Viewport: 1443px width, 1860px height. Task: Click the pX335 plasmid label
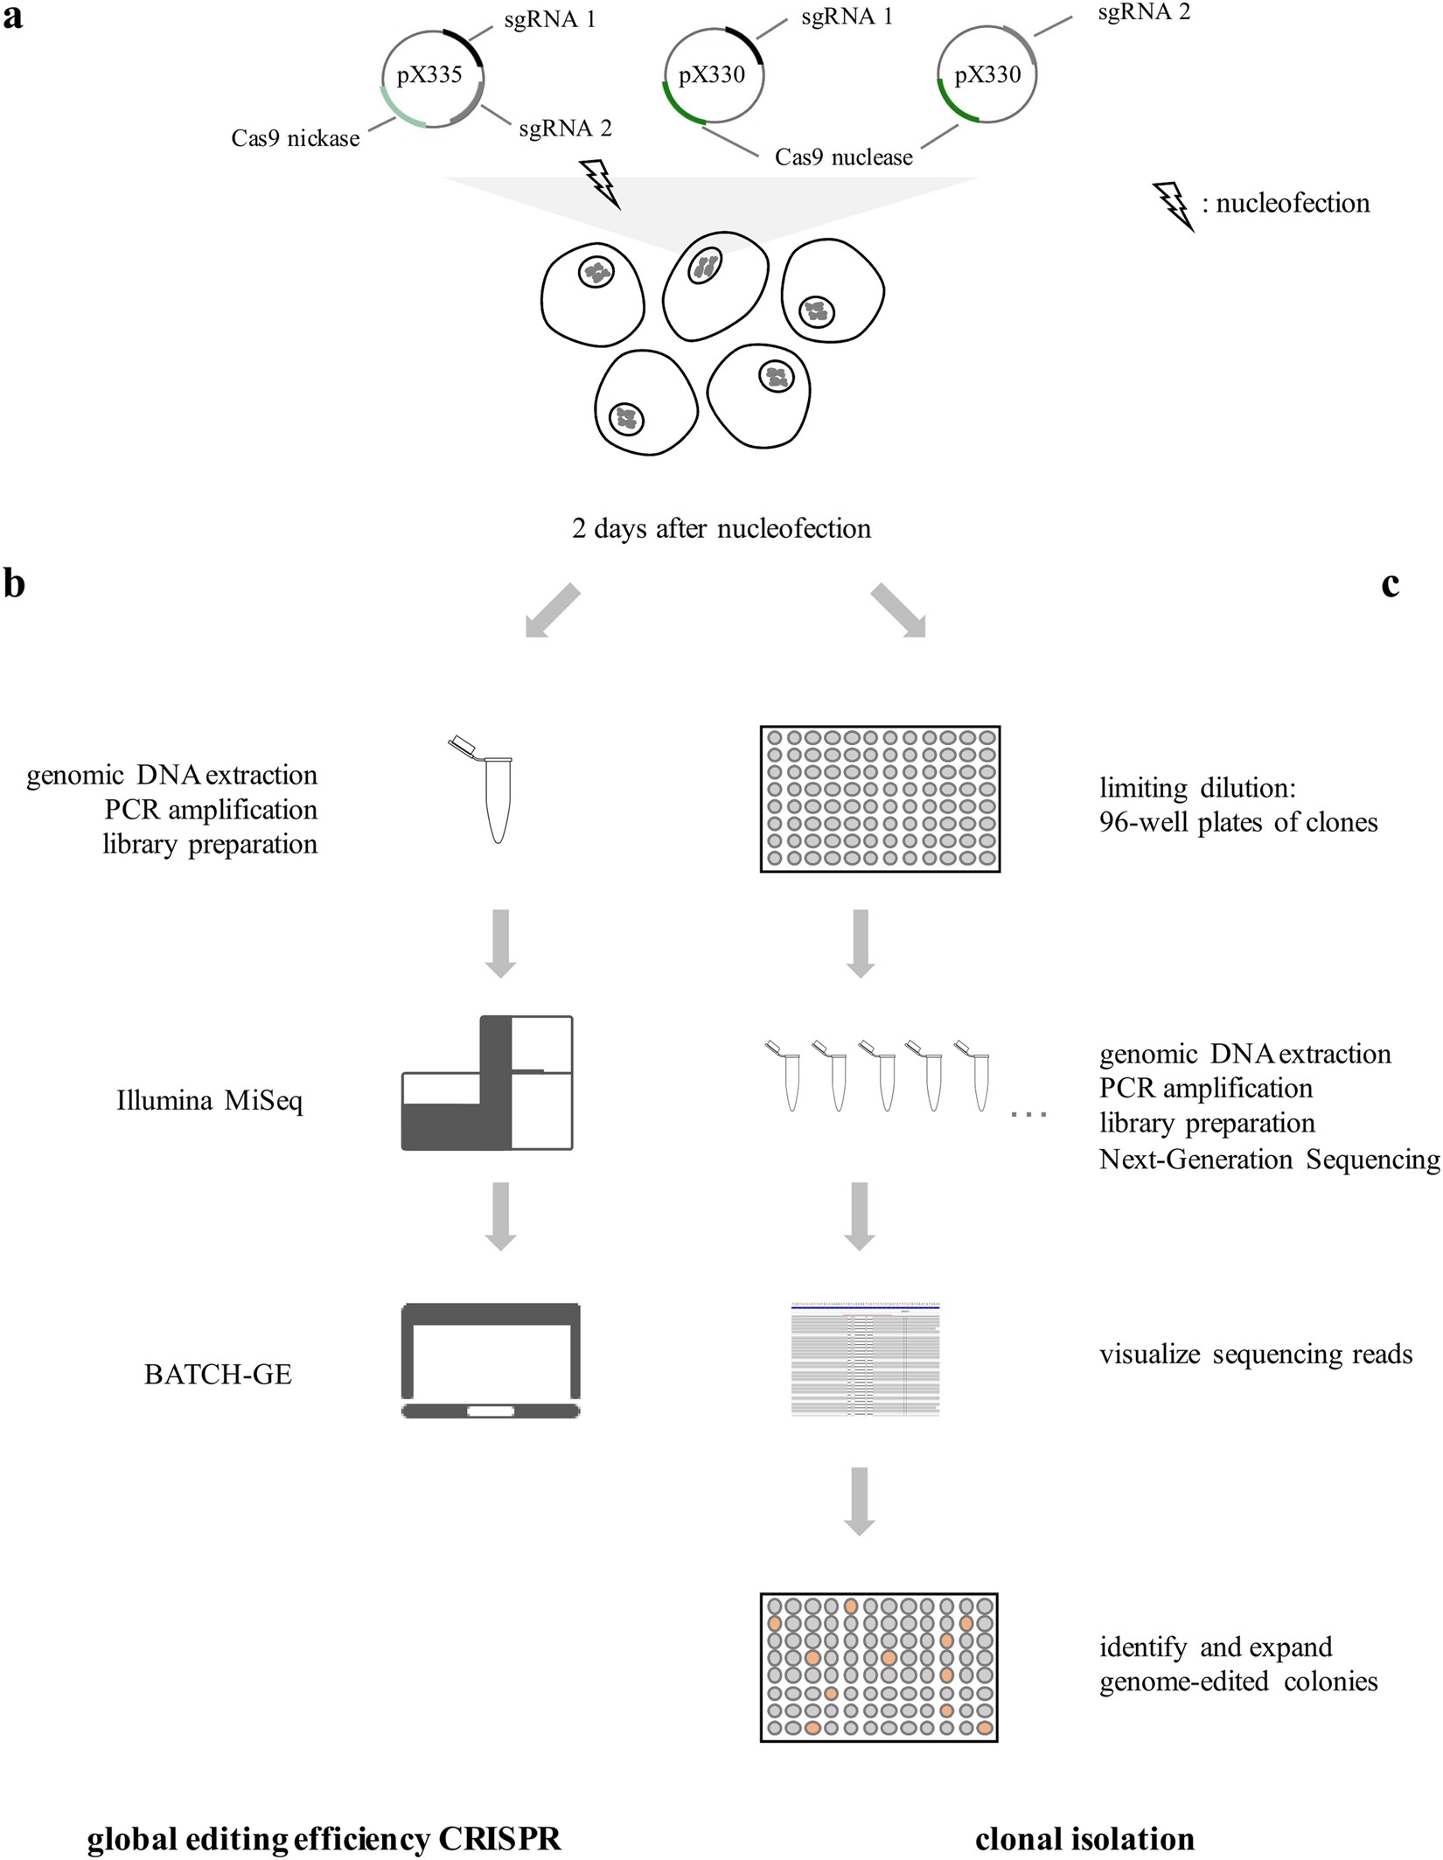tap(429, 75)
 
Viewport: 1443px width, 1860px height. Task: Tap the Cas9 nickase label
tap(295, 138)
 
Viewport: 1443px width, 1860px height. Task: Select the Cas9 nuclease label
tap(843, 157)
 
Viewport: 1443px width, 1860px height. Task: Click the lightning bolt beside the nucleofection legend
tap(1174, 206)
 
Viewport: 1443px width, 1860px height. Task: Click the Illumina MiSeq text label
tap(210, 1100)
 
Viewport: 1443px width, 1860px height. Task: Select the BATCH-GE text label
tap(218, 1374)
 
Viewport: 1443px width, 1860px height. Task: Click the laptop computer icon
tap(491, 1360)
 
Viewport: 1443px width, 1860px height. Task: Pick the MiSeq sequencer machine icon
tap(487, 1083)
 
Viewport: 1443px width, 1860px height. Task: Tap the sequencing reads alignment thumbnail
tap(865, 1359)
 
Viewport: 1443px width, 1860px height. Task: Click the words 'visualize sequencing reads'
tap(1255, 1355)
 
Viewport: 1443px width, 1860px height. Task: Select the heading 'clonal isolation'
tap(1084, 1838)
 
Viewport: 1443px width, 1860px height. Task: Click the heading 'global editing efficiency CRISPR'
tap(324, 1838)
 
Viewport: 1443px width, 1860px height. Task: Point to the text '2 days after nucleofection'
tap(721, 528)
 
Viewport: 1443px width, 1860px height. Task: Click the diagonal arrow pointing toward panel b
tap(551, 610)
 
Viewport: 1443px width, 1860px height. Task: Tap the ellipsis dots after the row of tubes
tap(1028, 1115)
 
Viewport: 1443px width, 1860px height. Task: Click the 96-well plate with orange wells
tap(879, 1667)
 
